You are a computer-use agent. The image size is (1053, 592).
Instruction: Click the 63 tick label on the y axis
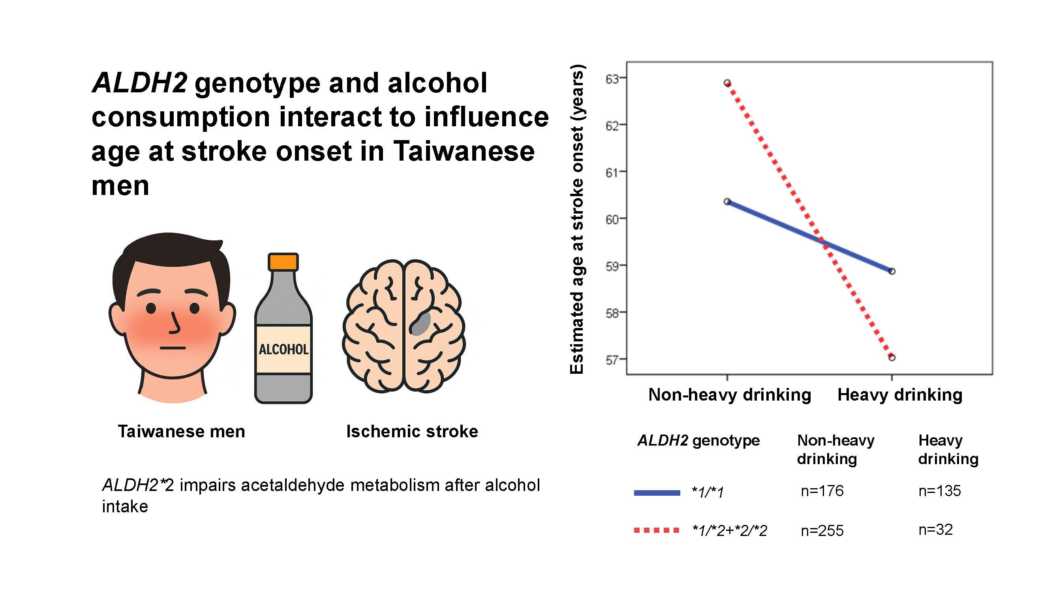[x=612, y=79]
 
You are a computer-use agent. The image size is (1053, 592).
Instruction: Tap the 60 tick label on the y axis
[x=612, y=219]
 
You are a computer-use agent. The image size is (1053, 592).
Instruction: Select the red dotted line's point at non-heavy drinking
[x=727, y=83]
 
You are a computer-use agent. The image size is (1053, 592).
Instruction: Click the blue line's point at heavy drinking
[x=892, y=271]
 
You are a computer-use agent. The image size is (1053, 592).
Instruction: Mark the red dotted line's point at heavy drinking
[x=892, y=358]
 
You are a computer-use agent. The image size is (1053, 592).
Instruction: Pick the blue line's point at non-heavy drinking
[x=727, y=201]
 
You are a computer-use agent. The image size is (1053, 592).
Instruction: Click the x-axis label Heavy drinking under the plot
[x=900, y=395]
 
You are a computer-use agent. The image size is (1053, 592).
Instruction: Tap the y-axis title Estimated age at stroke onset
[x=577, y=219]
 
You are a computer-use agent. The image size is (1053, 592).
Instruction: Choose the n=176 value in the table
[x=822, y=491]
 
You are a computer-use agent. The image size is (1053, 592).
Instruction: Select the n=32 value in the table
[x=935, y=530]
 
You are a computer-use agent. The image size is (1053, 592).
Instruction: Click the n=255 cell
[x=822, y=530]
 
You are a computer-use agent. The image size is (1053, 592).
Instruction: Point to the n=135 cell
[x=939, y=491]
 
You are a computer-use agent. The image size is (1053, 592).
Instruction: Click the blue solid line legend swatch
[x=657, y=493]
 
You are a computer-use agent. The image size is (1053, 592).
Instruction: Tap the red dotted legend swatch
[x=657, y=530]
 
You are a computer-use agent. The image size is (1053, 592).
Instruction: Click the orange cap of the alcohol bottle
[x=283, y=262]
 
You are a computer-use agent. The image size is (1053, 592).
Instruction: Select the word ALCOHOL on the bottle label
[x=283, y=349]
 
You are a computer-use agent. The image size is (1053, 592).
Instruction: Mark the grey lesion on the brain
[x=420, y=324]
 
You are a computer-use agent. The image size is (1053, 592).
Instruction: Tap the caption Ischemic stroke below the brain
[x=412, y=431]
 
